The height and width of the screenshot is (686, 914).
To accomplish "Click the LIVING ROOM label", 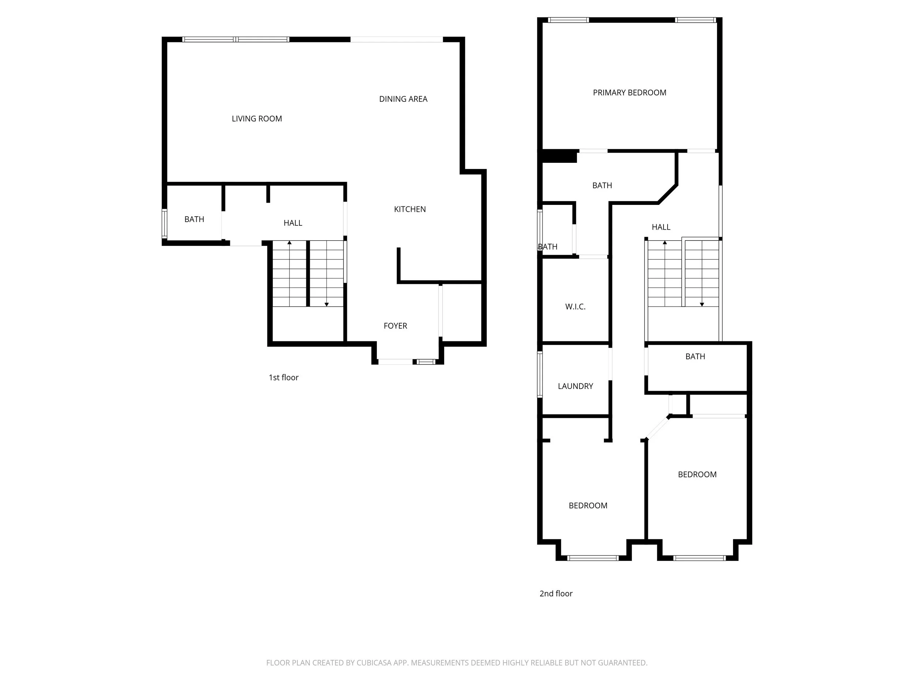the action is pos(257,119).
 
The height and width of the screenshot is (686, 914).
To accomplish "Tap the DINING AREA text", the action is pos(403,99).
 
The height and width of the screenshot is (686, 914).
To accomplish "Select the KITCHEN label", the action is pos(410,209).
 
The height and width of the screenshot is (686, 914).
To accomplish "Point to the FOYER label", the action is pos(396,326).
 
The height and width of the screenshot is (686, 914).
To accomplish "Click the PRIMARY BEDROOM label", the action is pos(630,93).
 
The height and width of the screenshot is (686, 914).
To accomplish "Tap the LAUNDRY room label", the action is pos(575,386).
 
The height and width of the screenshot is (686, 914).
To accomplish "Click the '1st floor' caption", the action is pos(283,378).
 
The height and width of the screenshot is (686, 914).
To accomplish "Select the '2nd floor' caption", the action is pos(556,594).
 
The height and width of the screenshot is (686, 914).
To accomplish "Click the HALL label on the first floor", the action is pos(293,223).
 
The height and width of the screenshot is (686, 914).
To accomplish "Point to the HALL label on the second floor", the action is pos(661,227).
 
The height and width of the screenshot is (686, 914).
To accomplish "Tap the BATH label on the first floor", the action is pos(194,220).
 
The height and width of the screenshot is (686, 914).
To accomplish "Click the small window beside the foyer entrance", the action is pos(426,362).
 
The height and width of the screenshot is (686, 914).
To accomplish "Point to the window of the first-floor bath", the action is pos(165,224).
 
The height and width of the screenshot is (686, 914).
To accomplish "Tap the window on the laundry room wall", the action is pos(540,374).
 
